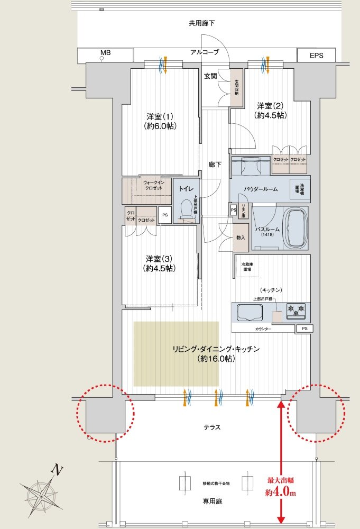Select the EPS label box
(x=316, y=54)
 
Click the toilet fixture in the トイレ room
(x=186, y=210)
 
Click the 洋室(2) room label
(x=270, y=110)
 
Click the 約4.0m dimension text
(x=280, y=493)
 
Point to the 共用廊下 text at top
(x=202, y=23)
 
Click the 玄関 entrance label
(x=210, y=76)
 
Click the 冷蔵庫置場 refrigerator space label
(x=246, y=267)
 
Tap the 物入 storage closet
(x=241, y=238)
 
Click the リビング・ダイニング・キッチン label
(x=216, y=353)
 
